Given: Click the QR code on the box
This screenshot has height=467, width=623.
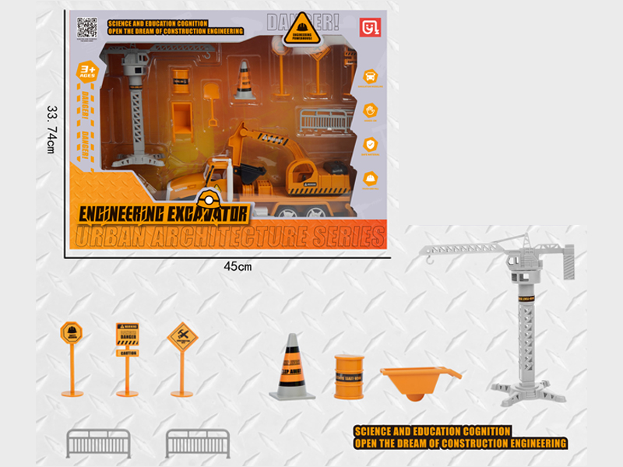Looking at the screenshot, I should coord(87,27).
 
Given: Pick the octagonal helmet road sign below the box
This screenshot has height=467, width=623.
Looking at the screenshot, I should coord(72,335).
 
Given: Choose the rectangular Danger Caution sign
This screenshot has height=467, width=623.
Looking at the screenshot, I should coord(127,340).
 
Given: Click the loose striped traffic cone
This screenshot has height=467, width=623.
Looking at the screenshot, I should coord(292,366).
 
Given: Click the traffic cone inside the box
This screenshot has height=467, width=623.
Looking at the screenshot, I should coord(245,80).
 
